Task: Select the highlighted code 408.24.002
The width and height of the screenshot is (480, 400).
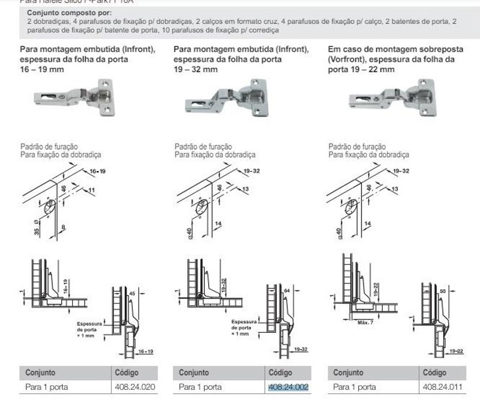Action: pos(288,387)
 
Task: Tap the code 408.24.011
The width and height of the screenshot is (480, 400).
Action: pos(442,387)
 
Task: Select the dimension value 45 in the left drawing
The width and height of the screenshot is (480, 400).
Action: pos(133,294)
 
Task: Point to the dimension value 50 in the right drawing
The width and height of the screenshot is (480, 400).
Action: pos(442,291)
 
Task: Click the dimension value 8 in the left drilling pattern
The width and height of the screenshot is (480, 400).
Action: pos(63,227)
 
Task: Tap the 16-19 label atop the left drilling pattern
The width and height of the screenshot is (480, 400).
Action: pos(97,172)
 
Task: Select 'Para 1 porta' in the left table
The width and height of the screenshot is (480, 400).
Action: pos(47,387)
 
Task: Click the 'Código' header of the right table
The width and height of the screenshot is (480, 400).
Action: pos(434,372)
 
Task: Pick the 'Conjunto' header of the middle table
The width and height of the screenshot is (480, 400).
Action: pos(194,372)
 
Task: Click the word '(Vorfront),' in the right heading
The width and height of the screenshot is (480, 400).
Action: pos(349,59)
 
